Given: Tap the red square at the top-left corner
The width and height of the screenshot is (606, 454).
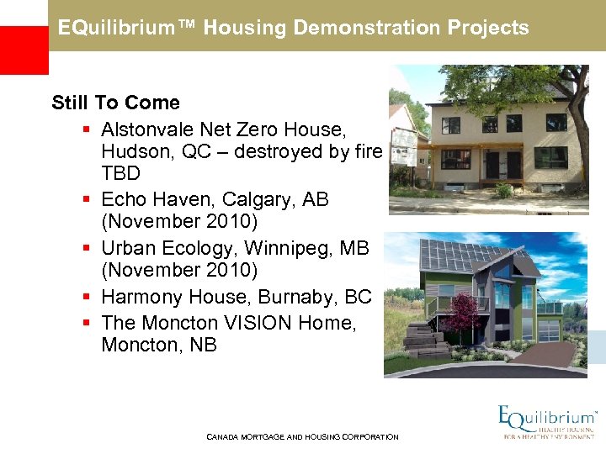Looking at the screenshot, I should coord(24,50).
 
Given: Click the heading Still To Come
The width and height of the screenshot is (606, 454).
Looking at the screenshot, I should coord(115,103).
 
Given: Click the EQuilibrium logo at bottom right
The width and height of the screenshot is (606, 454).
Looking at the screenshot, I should coord(547,423).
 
